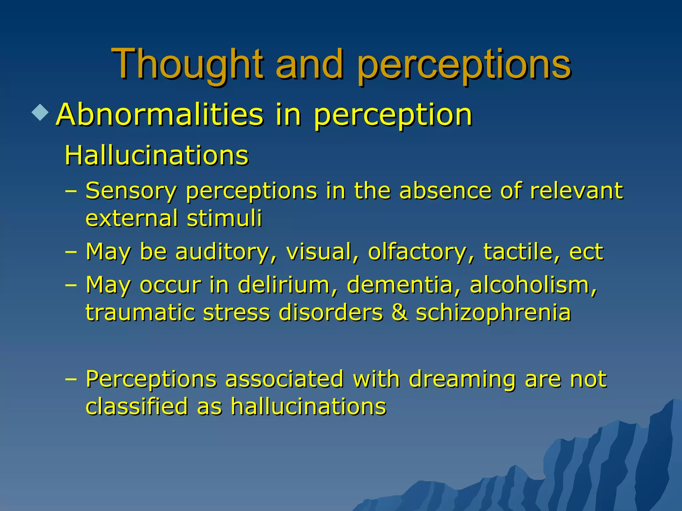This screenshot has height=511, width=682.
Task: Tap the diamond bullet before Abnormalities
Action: pyautogui.click(x=40, y=112)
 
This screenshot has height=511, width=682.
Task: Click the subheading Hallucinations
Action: pyautogui.click(x=157, y=155)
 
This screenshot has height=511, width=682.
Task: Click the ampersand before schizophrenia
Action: pyautogui.click(x=399, y=313)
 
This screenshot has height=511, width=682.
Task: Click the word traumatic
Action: pyautogui.click(x=140, y=313)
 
